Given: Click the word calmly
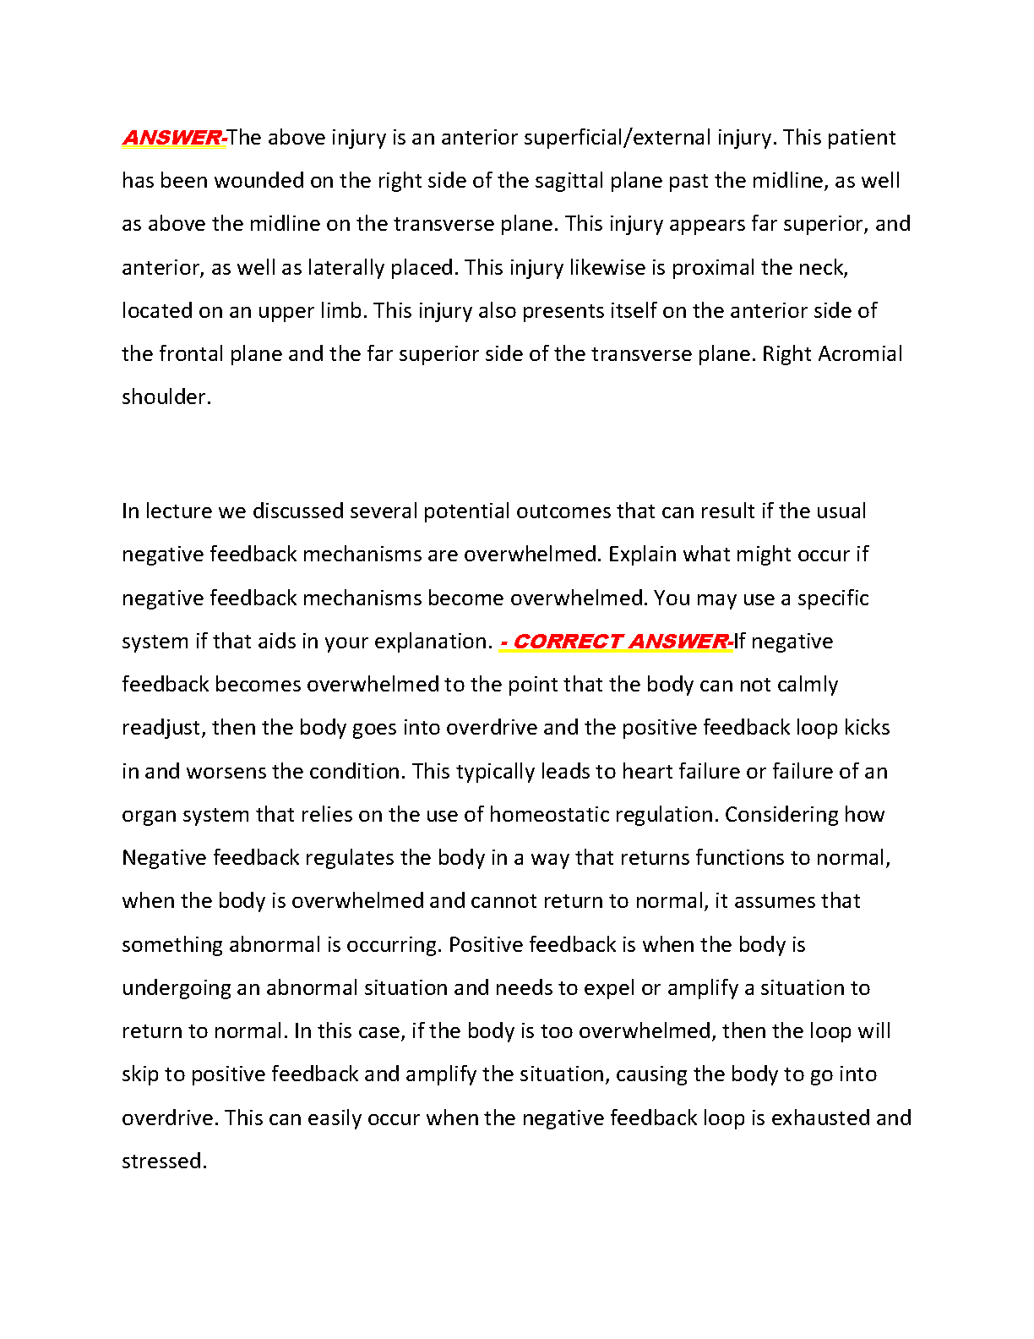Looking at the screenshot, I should [807, 685].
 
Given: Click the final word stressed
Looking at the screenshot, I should [162, 1161].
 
